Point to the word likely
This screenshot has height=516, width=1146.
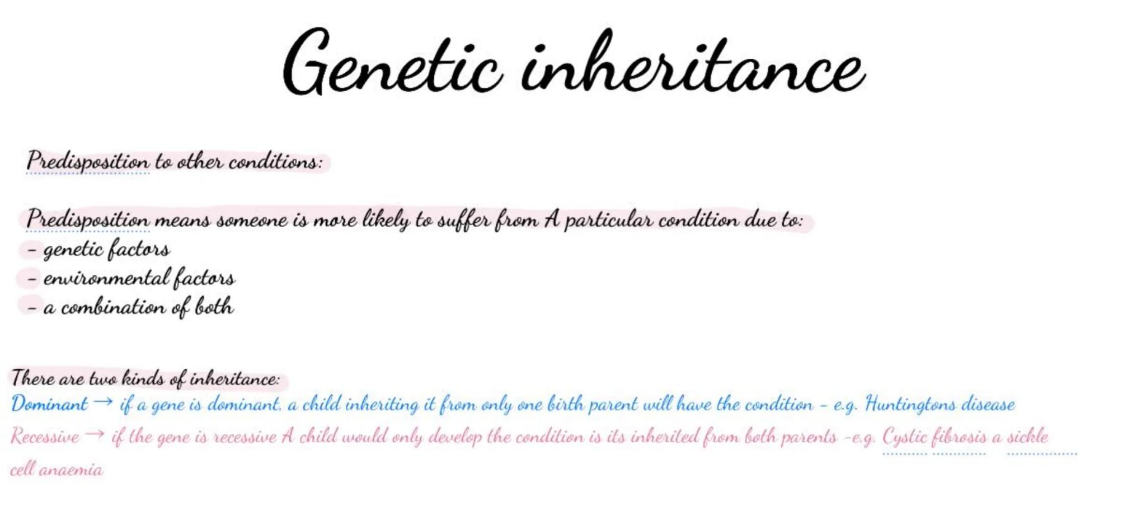(386, 221)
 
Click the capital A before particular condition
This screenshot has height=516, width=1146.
(551, 219)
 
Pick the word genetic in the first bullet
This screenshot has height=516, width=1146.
(72, 250)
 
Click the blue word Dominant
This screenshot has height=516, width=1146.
(49, 404)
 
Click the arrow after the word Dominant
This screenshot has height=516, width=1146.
(103, 402)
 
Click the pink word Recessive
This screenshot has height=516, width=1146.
(45, 437)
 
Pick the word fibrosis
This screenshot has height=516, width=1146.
(959, 437)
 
